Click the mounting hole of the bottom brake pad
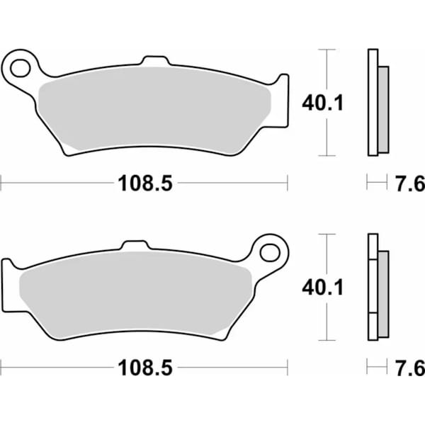[x=269, y=251]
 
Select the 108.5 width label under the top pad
[x=144, y=183]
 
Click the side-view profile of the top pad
[x=373, y=103]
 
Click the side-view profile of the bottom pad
[x=373, y=287]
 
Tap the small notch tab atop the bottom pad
[x=135, y=245]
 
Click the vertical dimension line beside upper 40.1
[x=326, y=71]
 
